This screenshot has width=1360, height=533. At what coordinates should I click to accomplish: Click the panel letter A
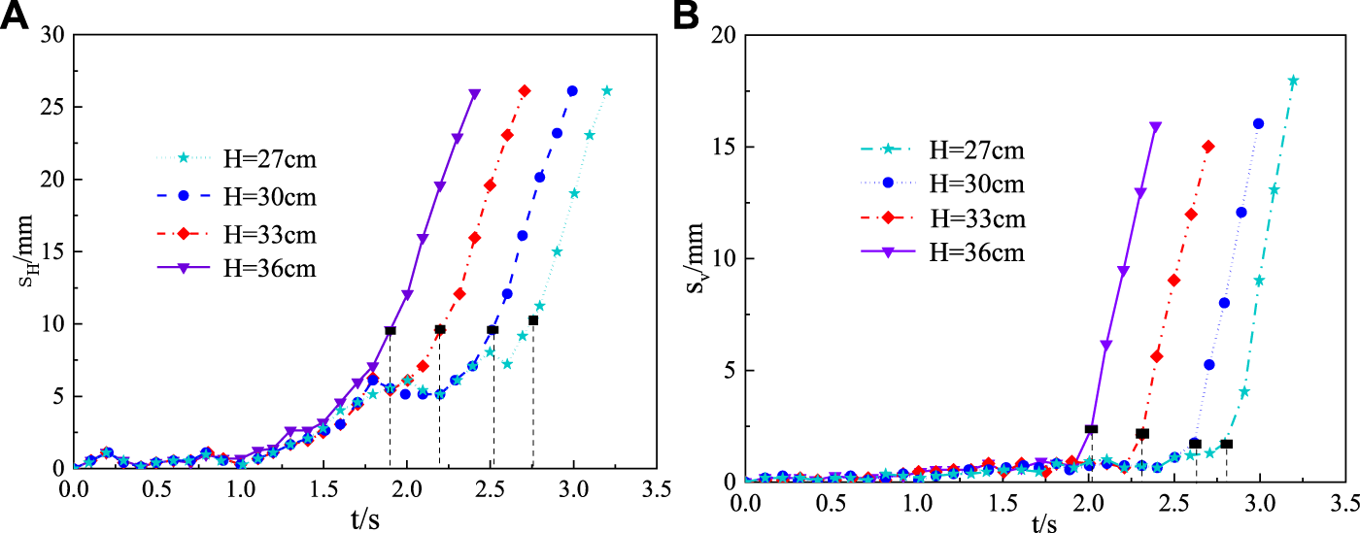[x=18, y=17]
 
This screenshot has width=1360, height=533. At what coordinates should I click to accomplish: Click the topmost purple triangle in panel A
[x=474, y=94]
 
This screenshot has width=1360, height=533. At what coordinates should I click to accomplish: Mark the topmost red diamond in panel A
[x=525, y=91]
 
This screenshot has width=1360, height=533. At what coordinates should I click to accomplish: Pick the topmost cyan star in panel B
[x=1293, y=82]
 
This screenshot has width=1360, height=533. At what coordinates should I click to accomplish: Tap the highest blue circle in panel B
[x=1259, y=124]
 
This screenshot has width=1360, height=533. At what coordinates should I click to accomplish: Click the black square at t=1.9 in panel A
[x=391, y=331]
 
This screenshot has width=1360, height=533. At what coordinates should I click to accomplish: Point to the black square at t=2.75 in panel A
[x=533, y=320]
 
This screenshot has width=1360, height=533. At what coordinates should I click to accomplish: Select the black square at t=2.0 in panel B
[x=1092, y=429]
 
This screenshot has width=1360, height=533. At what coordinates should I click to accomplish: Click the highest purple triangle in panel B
[x=1155, y=127]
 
